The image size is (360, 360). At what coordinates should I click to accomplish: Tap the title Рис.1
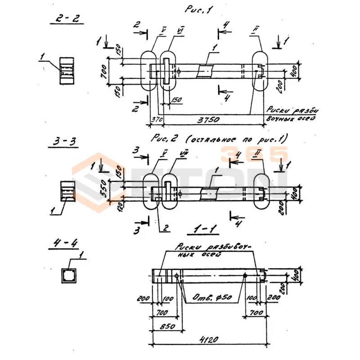pos(198,9)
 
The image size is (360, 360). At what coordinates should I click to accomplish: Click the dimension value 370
pos(156,120)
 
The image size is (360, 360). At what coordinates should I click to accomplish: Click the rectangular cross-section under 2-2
pos(67,71)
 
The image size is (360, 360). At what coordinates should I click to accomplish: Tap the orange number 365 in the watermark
pos(254,154)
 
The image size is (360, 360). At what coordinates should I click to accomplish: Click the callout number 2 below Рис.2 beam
pos(166,228)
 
